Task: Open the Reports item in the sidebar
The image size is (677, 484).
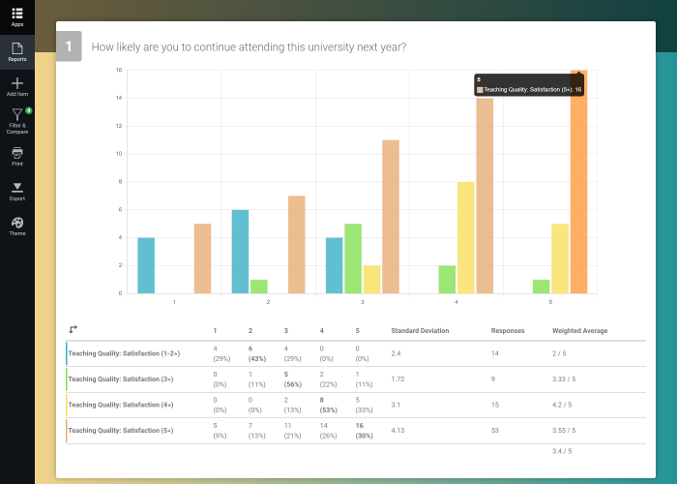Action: coord(17,50)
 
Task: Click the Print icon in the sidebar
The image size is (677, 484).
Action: coord(17,155)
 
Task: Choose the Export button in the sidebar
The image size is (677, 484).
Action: coord(17,190)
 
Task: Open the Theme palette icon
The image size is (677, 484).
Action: coord(17,225)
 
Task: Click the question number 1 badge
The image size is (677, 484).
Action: coord(69,46)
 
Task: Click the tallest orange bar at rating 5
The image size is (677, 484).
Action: coord(578,184)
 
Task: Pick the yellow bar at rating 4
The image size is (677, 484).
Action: coord(465,237)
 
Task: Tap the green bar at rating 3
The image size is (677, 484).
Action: coord(353,258)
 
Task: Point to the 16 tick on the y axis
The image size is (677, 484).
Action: coord(118,70)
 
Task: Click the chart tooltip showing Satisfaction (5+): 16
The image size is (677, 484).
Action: coord(529,85)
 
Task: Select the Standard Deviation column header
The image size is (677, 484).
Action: coord(420,330)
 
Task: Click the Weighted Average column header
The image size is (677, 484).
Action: coord(579,330)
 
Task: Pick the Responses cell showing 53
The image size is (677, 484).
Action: coord(495,430)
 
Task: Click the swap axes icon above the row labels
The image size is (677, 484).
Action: coord(74,330)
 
